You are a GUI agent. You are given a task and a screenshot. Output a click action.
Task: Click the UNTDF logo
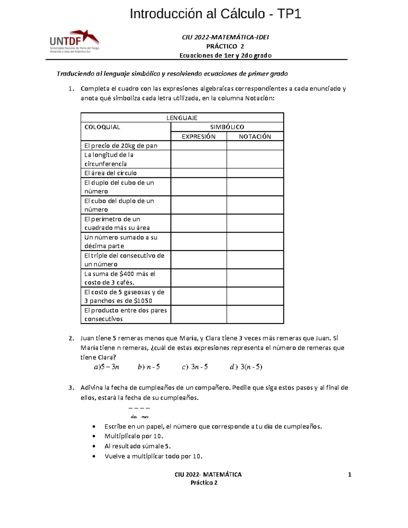[x=74, y=41]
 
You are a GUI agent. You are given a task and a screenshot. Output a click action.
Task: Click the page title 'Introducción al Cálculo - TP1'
[x=215, y=14]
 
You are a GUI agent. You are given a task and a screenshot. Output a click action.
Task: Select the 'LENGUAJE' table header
[x=182, y=118]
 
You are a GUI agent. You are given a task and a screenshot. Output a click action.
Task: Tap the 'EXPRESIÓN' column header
[x=198, y=137]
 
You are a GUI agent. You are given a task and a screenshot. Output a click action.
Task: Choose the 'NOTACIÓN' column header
[x=255, y=137]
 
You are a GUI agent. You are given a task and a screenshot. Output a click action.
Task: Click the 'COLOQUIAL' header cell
[x=102, y=127]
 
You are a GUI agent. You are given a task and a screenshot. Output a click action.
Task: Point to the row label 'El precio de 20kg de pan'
[x=121, y=146]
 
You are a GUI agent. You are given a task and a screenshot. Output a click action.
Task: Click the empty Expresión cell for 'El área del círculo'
[x=199, y=173]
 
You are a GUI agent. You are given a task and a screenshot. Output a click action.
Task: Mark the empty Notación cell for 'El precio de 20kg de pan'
[x=255, y=146]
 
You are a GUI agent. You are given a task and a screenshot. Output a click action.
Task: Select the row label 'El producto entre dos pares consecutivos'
[x=125, y=314]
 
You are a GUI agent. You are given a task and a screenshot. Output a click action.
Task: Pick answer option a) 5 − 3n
[x=106, y=367]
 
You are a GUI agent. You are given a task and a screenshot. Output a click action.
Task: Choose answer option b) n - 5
[x=149, y=367]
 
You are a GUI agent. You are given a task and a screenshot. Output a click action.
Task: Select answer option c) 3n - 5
[x=195, y=367]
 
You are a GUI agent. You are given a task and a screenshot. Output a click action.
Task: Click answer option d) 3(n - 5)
[x=246, y=367]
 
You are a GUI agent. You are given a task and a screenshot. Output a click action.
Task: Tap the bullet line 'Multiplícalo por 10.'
[x=134, y=436]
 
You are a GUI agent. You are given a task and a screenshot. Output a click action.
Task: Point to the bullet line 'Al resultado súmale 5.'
[x=137, y=446]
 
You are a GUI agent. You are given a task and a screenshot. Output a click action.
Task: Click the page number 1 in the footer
[x=350, y=475]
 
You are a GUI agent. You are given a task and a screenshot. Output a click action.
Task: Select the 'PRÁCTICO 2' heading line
[x=225, y=46]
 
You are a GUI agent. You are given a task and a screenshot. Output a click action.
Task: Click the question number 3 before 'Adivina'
[x=70, y=388]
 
